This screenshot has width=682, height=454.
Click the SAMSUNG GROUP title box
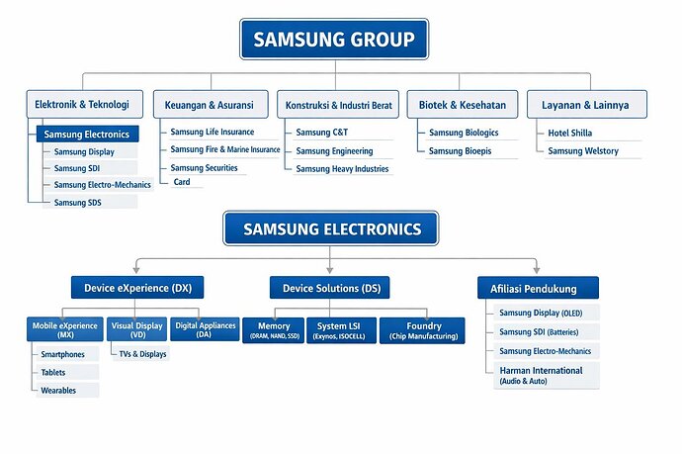pyautogui.click(x=334, y=40)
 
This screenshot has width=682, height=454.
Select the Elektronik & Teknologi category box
pyautogui.click(x=85, y=105)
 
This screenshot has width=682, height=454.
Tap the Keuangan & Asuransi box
pyautogui.click(x=211, y=105)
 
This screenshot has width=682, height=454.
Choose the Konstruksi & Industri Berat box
pyautogui.click(x=338, y=105)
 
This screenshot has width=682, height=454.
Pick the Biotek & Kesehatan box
pyautogui.click(x=463, y=105)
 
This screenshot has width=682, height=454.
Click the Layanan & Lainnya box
pyautogui.click(x=587, y=105)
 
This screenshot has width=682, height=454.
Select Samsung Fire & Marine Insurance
pyautogui.click(x=225, y=149)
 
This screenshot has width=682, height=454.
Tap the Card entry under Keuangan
pyautogui.click(x=182, y=182)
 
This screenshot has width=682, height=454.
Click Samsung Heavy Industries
pyautogui.click(x=342, y=169)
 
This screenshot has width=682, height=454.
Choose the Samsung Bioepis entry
pyautogui.click(x=461, y=151)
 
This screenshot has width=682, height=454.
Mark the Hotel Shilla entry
pyautogui.click(x=569, y=133)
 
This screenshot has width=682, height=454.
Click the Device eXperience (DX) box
pyautogui.click(x=137, y=288)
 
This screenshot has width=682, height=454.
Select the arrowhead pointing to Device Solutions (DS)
pyautogui.click(x=330, y=270)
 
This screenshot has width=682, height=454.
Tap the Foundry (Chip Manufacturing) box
pyautogui.click(x=422, y=330)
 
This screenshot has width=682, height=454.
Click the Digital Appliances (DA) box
pyautogui.click(x=205, y=329)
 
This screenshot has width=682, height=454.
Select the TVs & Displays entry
pyautogui.click(x=142, y=354)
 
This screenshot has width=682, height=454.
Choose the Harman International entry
pyautogui.click(x=547, y=375)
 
